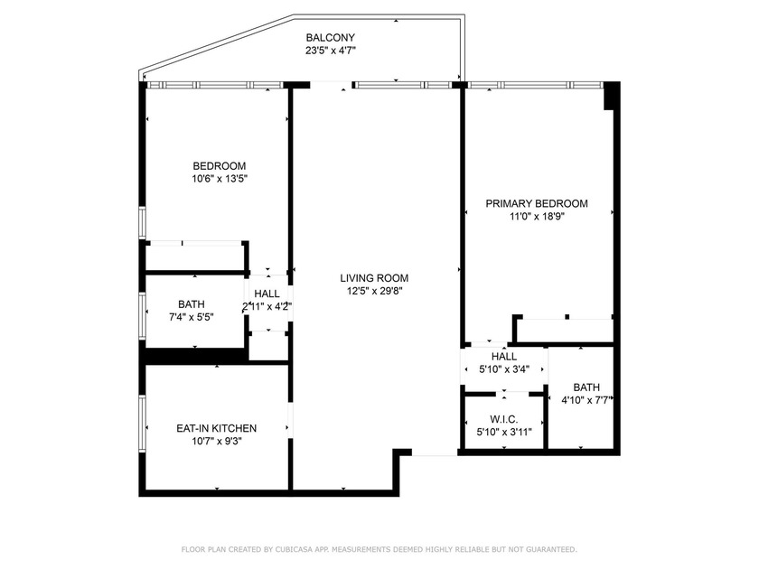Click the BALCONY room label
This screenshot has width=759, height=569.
330,37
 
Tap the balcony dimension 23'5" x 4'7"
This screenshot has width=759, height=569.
330,50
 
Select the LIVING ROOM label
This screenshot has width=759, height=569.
374,278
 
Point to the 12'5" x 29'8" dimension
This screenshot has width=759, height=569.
374,291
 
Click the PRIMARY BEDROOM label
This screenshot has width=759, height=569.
537,204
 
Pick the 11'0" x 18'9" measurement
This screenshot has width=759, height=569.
537,216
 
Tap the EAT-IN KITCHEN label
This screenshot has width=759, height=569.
216,428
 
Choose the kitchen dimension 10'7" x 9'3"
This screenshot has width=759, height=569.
216,441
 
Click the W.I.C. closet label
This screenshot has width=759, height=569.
504,419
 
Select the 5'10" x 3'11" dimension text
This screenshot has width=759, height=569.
504,432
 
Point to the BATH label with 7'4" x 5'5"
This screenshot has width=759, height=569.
192,304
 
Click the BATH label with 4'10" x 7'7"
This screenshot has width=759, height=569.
586,387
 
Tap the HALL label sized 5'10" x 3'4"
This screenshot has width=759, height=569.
504,357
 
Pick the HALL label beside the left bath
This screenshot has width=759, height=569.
267,294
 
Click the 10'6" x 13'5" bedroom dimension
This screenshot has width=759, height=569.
220,179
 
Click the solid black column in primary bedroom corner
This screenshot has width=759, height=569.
611,96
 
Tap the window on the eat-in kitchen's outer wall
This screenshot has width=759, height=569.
143,424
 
